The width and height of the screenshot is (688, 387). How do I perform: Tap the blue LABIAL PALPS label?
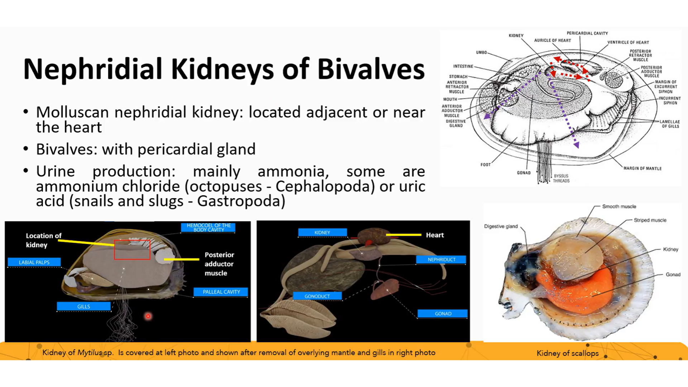point(34,262)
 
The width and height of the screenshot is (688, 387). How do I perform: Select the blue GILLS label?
point(83,306)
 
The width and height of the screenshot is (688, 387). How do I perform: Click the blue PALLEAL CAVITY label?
point(221,292)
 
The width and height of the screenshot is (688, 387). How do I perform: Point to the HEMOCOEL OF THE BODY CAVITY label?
point(209,228)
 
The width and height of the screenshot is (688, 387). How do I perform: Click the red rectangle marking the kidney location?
point(132,250)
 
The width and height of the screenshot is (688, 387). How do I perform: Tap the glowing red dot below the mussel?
point(148,316)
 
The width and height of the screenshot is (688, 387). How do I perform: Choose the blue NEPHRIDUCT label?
point(441,259)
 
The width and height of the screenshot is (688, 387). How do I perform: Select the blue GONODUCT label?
point(317,296)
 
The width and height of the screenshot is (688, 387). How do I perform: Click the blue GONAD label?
point(443,314)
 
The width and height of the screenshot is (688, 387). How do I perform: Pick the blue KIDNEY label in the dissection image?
point(322,233)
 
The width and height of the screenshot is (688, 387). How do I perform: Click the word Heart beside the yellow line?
point(435,235)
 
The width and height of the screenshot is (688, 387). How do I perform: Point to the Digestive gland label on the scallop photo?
point(501,226)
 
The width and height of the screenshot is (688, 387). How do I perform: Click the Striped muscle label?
point(650,220)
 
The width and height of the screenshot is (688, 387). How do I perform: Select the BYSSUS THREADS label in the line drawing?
point(561,178)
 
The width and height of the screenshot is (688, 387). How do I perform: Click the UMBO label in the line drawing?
point(481,52)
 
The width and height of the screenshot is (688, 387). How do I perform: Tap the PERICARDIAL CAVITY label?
point(587,33)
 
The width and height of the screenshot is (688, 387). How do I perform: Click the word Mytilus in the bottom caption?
point(90,353)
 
